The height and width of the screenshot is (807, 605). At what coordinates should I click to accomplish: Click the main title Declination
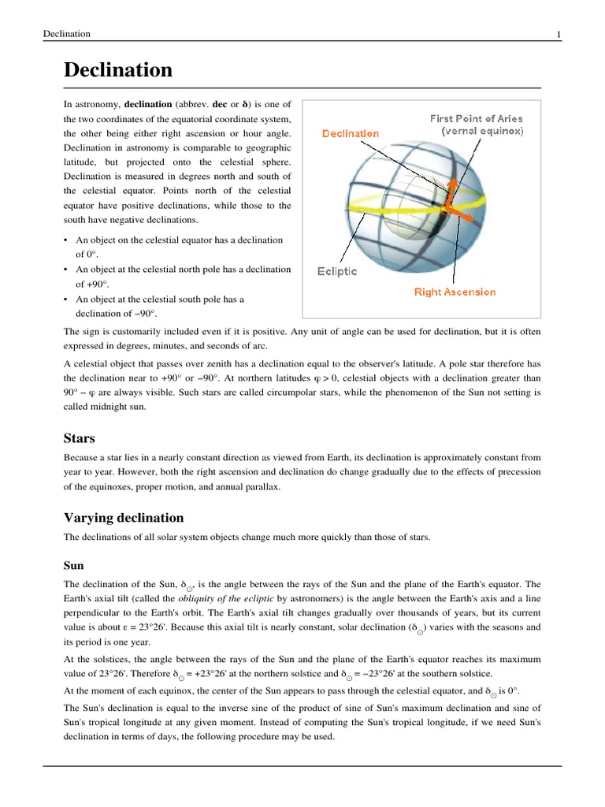tap(117, 70)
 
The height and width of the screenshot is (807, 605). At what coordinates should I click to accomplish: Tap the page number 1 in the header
tap(559, 34)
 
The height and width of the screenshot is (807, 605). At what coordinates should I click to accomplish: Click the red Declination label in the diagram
tap(350, 133)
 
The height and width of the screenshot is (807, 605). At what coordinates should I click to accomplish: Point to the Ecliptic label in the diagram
tap(336, 271)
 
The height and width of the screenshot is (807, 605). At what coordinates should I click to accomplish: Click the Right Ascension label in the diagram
tap(455, 292)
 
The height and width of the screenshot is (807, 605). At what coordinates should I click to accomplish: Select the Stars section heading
tap(80, 437)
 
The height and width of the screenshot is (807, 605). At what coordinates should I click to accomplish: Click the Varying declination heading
tap(123, 518)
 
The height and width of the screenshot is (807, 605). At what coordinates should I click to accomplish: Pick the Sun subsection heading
tap(73, 565)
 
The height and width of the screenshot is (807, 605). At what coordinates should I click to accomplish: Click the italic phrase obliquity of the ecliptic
tap(206, 598)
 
